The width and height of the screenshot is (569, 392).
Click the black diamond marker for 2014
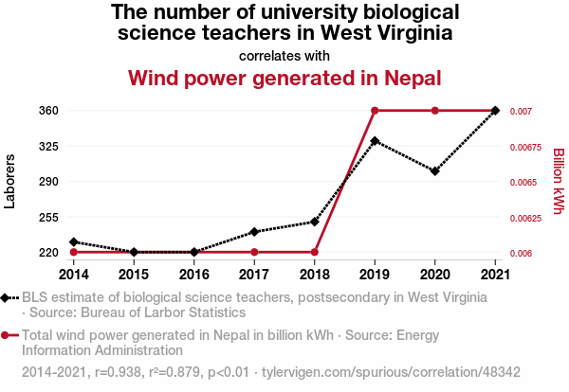pos(74,242)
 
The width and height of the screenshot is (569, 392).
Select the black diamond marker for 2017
pos(254,231)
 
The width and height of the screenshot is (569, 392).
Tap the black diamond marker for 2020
pos(435,171)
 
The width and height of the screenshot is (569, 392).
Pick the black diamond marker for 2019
pos(376,141)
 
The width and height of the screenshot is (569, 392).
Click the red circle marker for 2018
pos(315,252)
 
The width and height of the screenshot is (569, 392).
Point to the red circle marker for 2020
pos(435,111)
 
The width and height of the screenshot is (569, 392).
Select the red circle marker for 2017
pos(254,252)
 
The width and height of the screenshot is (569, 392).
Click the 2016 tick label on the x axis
pos(194,275)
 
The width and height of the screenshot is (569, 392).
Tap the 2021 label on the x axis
pos(495,275)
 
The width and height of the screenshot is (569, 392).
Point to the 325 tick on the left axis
pos(48,147)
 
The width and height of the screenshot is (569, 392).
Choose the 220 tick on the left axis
pos(48,253)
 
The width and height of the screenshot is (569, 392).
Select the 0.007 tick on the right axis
pos(521,112)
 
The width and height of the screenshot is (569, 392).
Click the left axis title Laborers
pos(10,181)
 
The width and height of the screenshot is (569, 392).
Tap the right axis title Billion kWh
pos(559,181)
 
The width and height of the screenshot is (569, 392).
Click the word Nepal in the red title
pos(410,77)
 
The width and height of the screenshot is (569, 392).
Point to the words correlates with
pos(284,55)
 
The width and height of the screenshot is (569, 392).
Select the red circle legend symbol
pos(7,335)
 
